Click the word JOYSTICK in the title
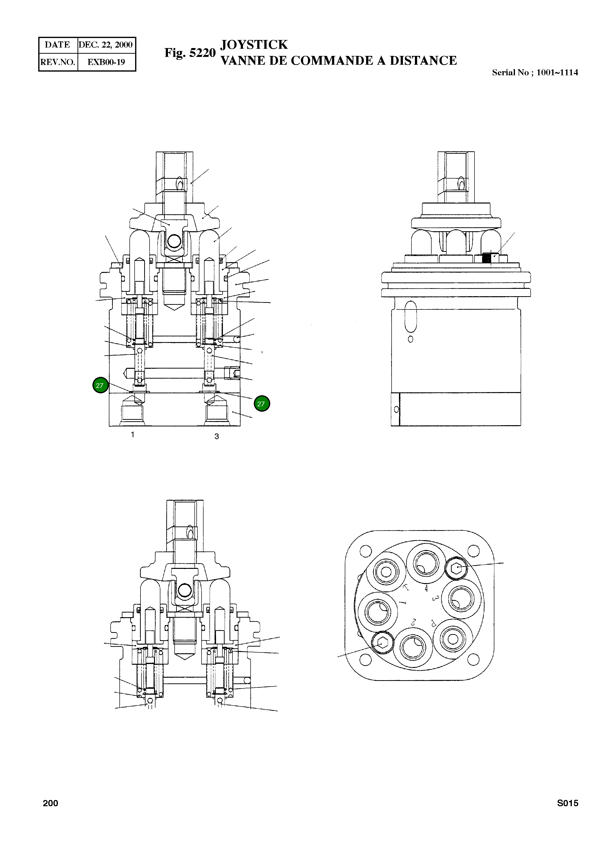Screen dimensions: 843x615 [254, 45]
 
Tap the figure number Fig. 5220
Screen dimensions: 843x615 [190, 53]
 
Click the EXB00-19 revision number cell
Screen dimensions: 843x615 [106, 62]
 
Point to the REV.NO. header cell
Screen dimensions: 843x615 [58, 62]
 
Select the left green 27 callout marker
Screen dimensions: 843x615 [100, 386]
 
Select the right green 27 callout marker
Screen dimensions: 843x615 [262, 404]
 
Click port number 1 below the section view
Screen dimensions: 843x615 [132, 434]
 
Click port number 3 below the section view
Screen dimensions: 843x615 [216, 436]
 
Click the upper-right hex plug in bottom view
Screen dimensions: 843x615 [456, 568]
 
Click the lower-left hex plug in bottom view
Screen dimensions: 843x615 [382, 643]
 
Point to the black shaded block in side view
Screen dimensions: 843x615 [486, 257]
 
